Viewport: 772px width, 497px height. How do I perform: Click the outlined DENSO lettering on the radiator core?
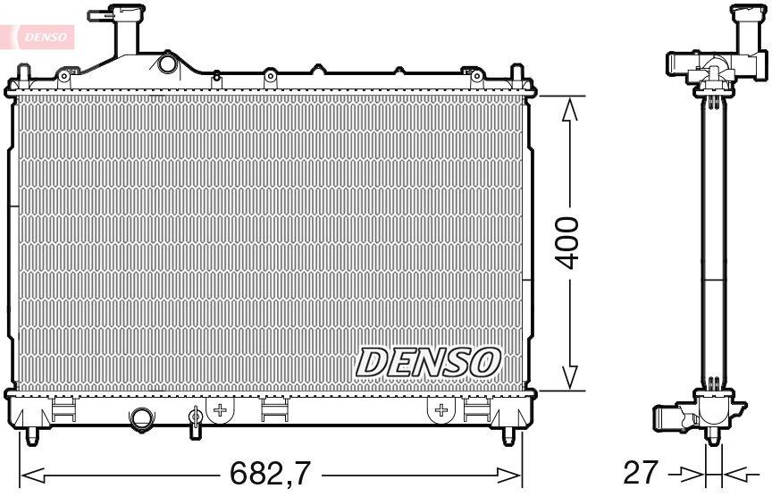coord(428,361)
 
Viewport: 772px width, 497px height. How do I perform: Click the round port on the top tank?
coord(166,64)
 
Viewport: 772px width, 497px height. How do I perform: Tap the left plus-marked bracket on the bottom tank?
coord(220,409)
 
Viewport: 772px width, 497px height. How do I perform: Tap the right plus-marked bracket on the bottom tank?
coord(440,409)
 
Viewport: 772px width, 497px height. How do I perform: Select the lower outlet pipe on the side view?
coord(668,418)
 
